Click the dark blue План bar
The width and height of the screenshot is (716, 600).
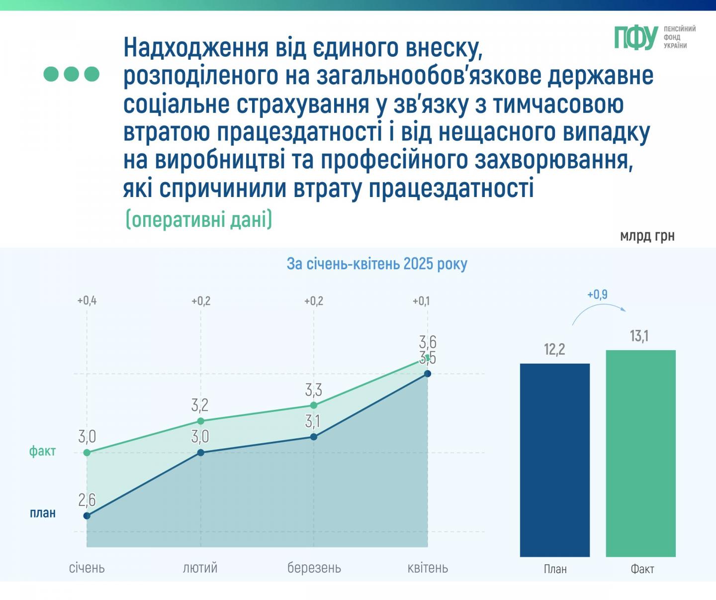point(554,460)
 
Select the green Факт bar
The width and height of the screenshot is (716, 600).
point(640,453)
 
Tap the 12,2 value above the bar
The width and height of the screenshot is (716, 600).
point(554,349)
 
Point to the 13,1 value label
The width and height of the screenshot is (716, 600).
point(639,336)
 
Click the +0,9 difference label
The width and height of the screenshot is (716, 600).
point(597,295)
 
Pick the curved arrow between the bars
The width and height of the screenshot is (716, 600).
point(599,312)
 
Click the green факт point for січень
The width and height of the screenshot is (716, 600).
point(87,453)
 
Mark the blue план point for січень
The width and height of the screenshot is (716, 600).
point(87,516)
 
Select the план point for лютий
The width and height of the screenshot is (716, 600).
point(200,453)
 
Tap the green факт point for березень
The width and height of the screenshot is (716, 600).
point(314,405)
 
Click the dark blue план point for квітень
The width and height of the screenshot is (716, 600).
point(427,374)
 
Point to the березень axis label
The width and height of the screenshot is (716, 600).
point(314,568)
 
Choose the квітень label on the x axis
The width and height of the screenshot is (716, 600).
point(428,568)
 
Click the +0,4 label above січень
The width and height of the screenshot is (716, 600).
point(87,300)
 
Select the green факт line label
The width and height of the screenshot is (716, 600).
point(42,451)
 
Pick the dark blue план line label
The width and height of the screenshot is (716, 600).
point(43,513)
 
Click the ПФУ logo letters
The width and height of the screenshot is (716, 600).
point(636,38)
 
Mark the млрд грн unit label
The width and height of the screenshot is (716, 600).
point(647,235)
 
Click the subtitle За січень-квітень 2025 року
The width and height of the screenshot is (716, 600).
point(377,264)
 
